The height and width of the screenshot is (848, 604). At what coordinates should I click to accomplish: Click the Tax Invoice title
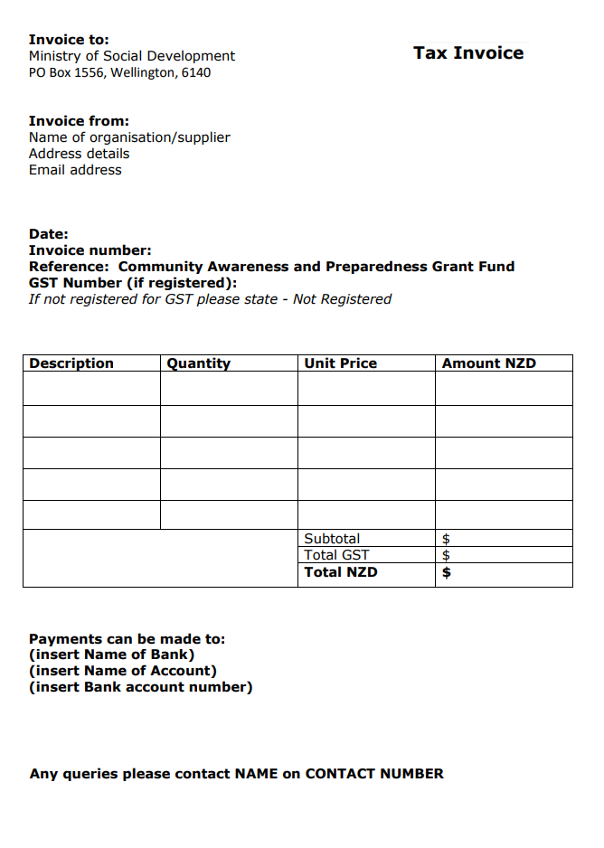pyautogui.click(x=468, y=53)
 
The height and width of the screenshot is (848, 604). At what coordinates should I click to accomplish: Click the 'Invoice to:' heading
pyautogui.click(x=69, y=40)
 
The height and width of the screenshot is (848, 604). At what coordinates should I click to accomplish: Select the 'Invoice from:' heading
pyautogui.click(x=79, y=121)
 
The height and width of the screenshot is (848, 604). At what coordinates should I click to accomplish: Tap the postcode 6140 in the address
pyautogui.click(x=196, y=72)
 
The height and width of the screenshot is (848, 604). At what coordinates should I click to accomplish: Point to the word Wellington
pyautogui.click(x=143, y=72)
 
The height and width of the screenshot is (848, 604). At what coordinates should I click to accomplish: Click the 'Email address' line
pyautogui.click(x=75, y=170)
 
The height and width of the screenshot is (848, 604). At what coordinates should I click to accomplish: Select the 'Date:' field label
pyautogui.click(x=49, y=234)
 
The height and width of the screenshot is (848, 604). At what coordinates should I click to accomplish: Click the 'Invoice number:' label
pyautogui.click(x=90, y=250)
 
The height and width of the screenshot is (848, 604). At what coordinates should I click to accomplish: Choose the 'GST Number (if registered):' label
pyautogui.click(x=133, y=283)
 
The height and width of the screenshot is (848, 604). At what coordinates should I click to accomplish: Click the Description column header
pyautogui.click(x=71, y=363)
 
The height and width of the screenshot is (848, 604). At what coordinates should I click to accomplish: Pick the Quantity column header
pyautogui.click(x=199, y=363)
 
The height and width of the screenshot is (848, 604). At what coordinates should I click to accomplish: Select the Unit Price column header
pyautogui.click(x=341, y=363)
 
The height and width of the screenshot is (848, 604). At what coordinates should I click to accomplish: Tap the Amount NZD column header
pyautogui.click(x=489, y=363)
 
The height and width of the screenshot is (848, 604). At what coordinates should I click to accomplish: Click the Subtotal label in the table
pyautogui.click(x=332, y=539)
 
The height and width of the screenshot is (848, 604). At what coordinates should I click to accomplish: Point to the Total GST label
pyautogui.click(x=336, y=555)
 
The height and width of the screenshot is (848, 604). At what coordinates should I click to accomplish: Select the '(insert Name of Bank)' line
pyautogui.click(x=112, y=655)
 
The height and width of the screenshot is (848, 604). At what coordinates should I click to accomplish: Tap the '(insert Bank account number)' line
pyautogui.click(x=141, y=687)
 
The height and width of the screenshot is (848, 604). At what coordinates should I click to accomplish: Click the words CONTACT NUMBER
pyautogui.click(x=374, y=774)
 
